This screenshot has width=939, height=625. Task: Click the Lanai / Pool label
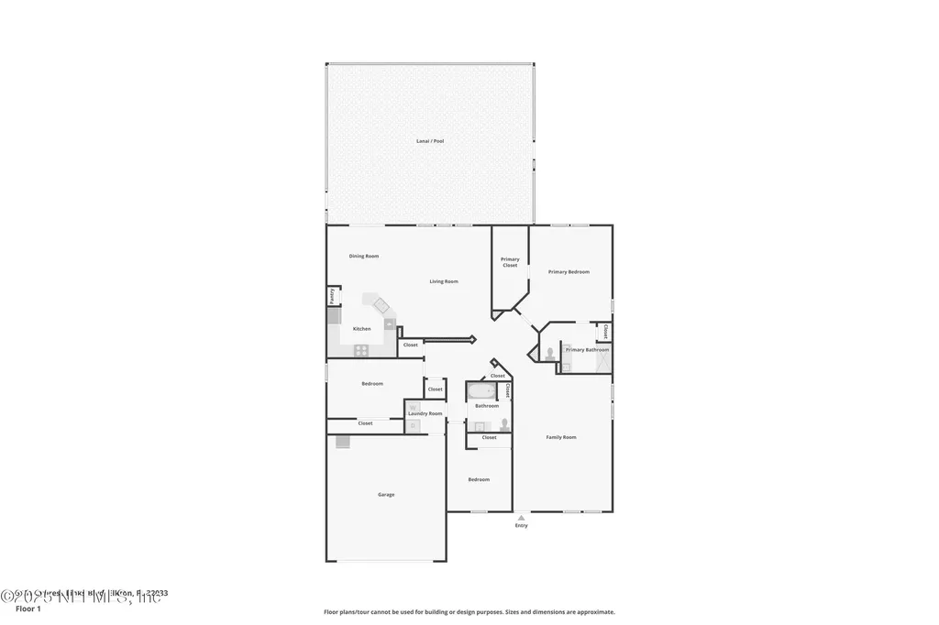(x=430, y=141)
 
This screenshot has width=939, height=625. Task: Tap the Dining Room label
(x=364, y=257)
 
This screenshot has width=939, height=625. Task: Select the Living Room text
(x=444, y=281)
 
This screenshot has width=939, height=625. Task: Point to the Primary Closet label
(x=510, y=262)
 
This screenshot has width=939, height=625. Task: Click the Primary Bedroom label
(x=569, y=272)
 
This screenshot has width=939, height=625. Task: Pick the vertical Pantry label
(x=332, y=296)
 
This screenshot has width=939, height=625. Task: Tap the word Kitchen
(x=362, y=329)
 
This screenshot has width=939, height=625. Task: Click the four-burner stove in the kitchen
(x=361, y=349)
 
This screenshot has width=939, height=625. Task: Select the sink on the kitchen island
(x=381, y=304)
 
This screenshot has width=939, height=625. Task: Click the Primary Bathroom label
(x=587, y=350)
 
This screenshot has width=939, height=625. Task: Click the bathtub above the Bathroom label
(x=482, y=392)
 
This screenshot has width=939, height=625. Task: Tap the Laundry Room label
(x=425, y=413)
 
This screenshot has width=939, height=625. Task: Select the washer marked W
(x=412, y=406)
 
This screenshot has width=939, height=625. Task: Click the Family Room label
(x=561, y=438)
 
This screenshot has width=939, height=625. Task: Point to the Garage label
(x=386, y=495)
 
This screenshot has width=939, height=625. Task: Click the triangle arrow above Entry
(x=522, y=518)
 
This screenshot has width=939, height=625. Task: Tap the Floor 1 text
(x=28, y=609)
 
